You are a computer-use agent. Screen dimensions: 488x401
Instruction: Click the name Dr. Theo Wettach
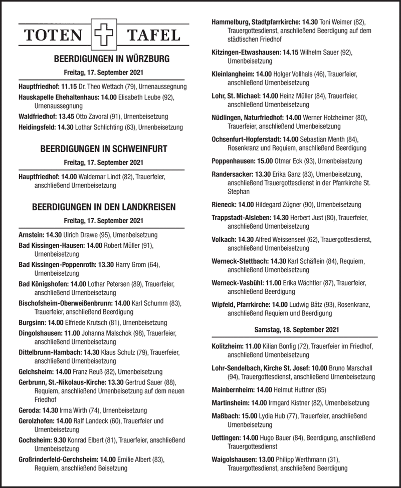tap(99, 87)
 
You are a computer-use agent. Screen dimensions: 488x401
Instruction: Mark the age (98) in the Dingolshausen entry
tap(139, 333)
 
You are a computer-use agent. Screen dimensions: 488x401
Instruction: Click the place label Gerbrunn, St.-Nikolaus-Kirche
tap(63, 382)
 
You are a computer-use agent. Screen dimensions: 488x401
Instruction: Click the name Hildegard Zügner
tap(278, 205)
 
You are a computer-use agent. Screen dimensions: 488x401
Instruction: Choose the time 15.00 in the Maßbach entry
tap(249, 415)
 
